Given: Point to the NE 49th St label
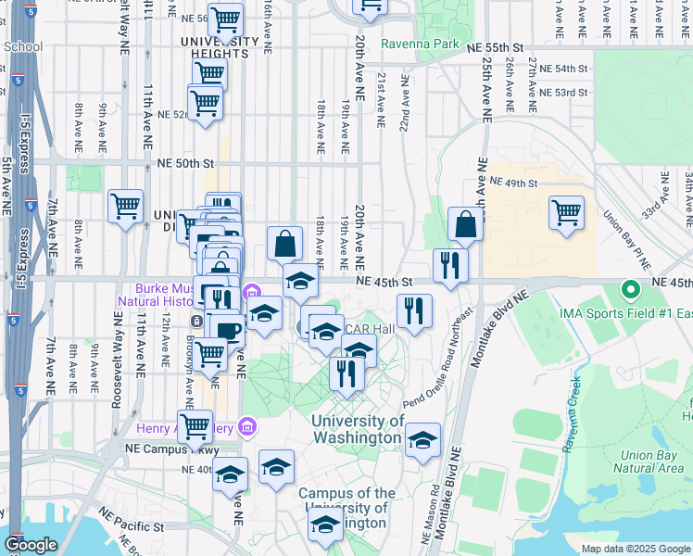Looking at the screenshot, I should tap(513, 182).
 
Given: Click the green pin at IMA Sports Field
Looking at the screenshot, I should tap(630, 291).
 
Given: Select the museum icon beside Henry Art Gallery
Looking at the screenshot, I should tap(246, 426).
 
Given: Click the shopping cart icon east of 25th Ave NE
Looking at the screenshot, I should tap(565, 212).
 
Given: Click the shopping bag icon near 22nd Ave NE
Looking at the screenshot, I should tap(464, 223).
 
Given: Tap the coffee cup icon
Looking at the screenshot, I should tap(227, 330).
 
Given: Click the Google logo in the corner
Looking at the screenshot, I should tap(31, 545).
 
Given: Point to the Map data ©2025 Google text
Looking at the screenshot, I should tap(635, 549).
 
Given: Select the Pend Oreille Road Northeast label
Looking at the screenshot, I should tap(439, 361).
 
